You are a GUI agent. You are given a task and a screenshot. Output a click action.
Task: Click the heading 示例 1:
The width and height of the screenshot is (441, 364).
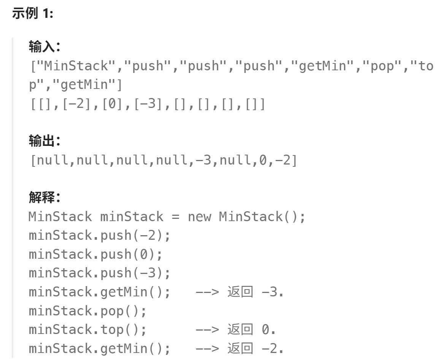click(33, 14)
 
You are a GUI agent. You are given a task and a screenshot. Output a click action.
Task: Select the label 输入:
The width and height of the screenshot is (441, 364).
click(44, 47)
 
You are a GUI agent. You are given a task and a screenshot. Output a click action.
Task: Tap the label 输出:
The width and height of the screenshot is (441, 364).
click(44, 141)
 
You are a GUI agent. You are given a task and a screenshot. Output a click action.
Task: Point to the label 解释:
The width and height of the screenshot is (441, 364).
click(44, 198)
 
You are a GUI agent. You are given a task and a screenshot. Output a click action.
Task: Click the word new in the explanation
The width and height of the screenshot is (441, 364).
click(200, 217)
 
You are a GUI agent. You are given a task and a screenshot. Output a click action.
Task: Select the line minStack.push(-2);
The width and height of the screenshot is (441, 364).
click(100, 236)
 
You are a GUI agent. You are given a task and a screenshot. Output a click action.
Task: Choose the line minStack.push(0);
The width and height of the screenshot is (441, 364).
click(96, 254)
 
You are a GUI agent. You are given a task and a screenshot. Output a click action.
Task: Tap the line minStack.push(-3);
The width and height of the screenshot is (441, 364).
click(100, 273)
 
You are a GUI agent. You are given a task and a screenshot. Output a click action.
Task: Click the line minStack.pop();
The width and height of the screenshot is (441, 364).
click(88, 311)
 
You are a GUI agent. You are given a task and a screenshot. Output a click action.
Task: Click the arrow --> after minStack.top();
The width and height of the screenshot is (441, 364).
click(208, 329)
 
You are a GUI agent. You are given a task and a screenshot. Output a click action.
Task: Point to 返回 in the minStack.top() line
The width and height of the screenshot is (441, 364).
click(240, 329)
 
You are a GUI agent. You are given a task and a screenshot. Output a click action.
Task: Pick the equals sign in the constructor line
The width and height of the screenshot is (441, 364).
click(176, 217)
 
